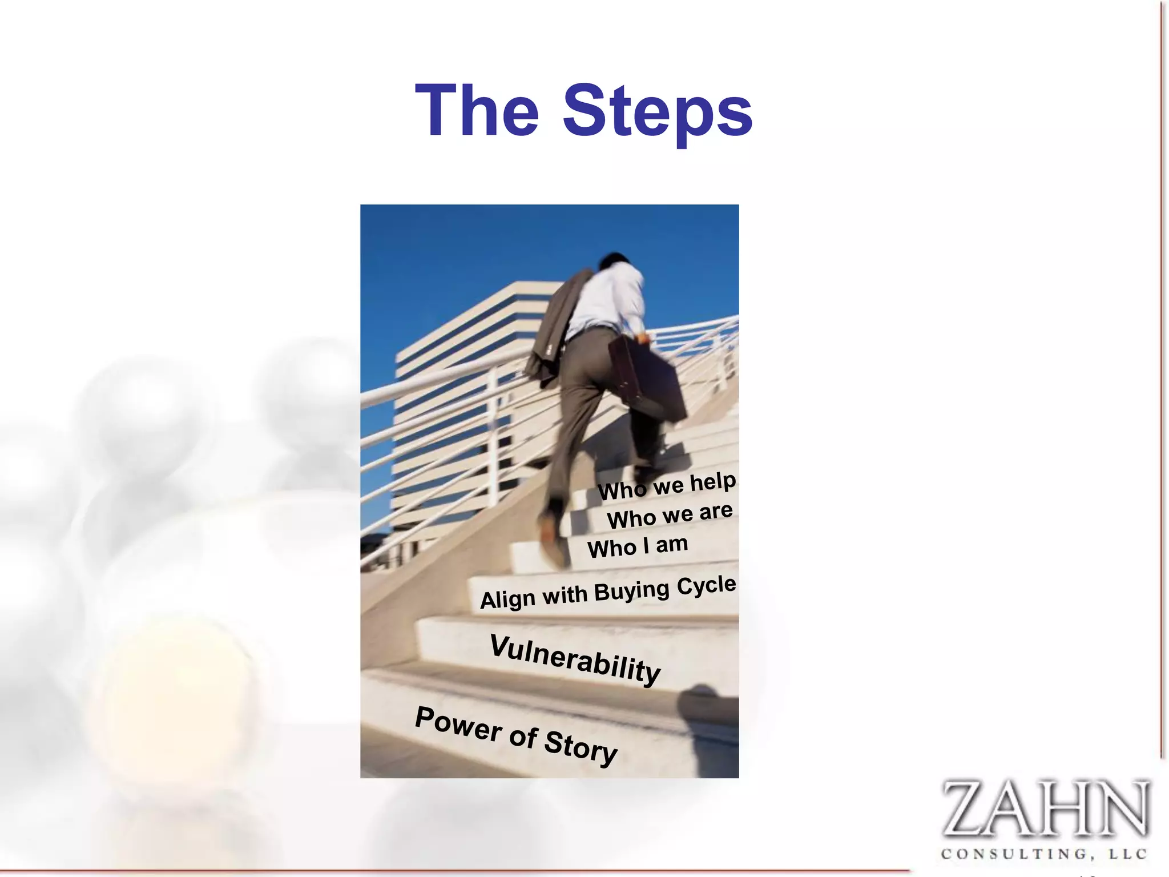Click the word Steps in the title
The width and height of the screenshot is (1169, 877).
pyautogui.click(x=658, y=112)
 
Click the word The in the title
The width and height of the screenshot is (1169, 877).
pyautogui.click(x=477, y=111)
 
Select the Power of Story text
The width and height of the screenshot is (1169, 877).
pyautogui.click(x=516, y=735)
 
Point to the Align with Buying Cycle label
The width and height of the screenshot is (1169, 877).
pyautogui.click(x=608, y=592)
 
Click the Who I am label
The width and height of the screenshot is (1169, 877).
pyautogui.click(x=638, y=546)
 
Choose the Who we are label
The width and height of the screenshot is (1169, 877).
pyautogui.click(x=670, y=515)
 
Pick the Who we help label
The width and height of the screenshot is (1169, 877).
pyautogui.click(x=667, y=486)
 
